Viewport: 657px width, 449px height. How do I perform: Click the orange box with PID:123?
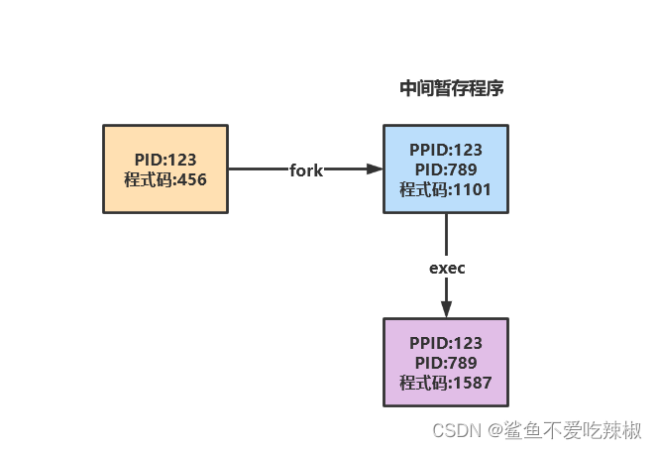[165, 168]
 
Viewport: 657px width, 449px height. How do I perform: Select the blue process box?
[446, 168]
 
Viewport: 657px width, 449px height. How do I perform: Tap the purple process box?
[446, 362]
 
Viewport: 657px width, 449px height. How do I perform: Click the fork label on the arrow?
[306, 169]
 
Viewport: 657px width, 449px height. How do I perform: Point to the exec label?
[447, 268]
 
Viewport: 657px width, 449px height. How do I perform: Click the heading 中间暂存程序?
[452, 88]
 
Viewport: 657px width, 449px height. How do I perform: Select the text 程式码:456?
[165, 179]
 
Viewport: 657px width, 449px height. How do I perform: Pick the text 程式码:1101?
[446, 188]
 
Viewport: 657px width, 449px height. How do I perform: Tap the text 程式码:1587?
[446, 382]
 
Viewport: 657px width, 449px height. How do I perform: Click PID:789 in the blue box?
[446, 169]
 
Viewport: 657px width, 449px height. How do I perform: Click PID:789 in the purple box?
[446, 363]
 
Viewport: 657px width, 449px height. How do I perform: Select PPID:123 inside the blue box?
[446, 151]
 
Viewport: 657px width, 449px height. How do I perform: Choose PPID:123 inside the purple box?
[446, 344]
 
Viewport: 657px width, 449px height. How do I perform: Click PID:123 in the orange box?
[165, 160]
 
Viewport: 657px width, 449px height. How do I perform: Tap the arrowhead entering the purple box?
[447, 309]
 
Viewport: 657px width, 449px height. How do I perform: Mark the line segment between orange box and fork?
[257, 169]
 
